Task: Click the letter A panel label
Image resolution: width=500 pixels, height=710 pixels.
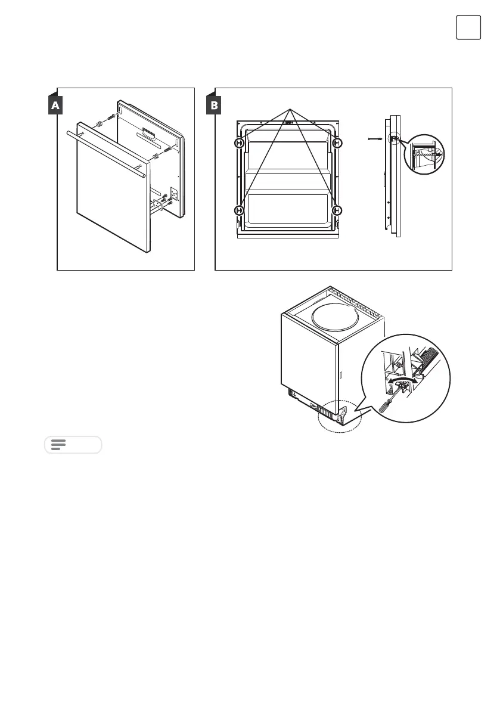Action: pos(55,106)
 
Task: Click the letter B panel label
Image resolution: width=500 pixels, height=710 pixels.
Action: pos(213,106)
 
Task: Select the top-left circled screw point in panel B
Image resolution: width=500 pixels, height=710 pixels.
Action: pos(240,143)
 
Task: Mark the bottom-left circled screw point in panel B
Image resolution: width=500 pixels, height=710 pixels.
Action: pos(240,210)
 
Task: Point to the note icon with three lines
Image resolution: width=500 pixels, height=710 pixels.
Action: pos(58,445)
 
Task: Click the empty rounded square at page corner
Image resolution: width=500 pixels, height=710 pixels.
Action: pos(468,27)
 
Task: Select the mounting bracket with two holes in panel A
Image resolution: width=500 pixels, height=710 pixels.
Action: pos(175,194)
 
